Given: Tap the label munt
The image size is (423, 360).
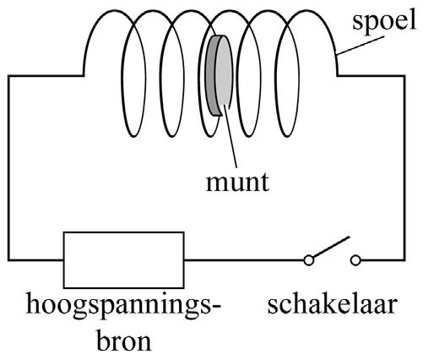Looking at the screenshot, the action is (238, 183).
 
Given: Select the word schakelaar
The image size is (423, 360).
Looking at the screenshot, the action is (333, 305).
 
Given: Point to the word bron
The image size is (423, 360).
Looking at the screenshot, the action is (124, 341).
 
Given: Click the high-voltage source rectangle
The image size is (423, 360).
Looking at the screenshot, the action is (124, 260).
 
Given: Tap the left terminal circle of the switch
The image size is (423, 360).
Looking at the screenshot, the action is (309, 260).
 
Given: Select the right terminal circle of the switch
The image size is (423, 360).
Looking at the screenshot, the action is (356, 260).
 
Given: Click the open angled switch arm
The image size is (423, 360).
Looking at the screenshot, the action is (331, 247).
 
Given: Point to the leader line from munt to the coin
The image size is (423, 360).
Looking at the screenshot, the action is (230, 138).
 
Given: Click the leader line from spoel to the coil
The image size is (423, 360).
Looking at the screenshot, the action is (361, 45).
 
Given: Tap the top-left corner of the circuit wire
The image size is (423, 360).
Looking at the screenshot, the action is (9, 76).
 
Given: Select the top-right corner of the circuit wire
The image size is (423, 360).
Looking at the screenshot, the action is (404, 76).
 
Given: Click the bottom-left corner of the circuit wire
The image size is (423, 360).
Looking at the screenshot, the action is (9, 259).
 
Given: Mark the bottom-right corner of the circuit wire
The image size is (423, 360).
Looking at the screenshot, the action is (404, 259).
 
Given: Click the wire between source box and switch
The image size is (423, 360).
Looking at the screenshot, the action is (244, 259).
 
